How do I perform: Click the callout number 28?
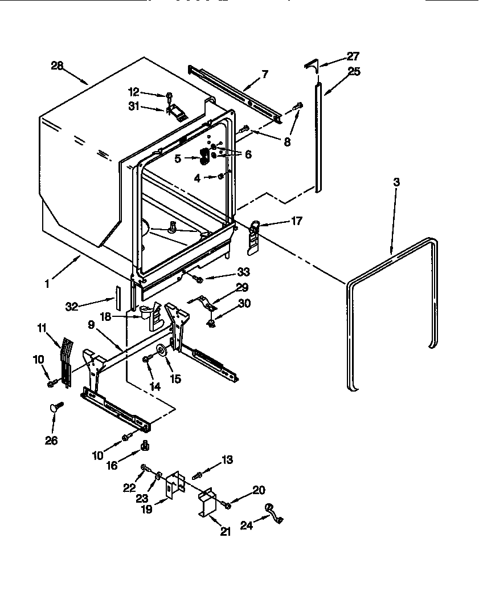point(56,66)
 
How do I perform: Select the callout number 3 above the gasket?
point(396,182)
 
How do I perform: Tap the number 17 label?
point(297,221)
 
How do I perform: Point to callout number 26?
point(51,441)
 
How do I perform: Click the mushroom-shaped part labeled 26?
point(55,406)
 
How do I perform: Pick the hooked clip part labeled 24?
point(273,512)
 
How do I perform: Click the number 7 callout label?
point(264,74)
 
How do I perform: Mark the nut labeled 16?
point(144,445)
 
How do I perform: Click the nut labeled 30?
point(211,323)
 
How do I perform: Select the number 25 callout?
point(354,72)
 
